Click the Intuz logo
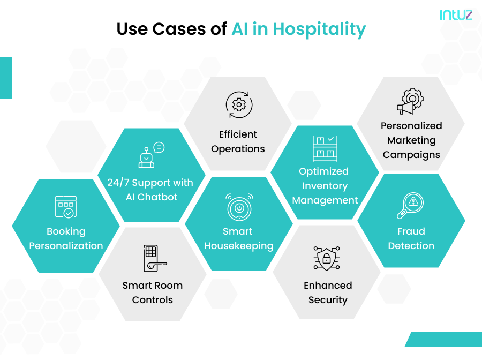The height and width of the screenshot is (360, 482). tap(456, 14)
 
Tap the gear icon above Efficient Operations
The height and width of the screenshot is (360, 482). tap(238, 104)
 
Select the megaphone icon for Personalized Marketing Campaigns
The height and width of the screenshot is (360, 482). tap(410, 102)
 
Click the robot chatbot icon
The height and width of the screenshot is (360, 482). tap(148, 155)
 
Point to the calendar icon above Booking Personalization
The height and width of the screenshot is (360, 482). tap(66, 206)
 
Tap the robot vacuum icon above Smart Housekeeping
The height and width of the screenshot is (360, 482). tap(239, 206)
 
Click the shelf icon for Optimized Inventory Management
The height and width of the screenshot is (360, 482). tap(325, 148)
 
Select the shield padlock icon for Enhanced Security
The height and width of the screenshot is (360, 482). tap(326, 259)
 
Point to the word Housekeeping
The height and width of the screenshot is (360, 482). tap(239, 246)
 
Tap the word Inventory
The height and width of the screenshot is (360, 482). tap(325, 186)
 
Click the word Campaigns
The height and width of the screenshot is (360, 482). tap(411, 155)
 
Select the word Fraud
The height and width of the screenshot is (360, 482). tap(411, 231)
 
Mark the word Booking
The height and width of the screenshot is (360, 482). tap(66, 231)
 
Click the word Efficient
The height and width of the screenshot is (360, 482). tap(238, 134)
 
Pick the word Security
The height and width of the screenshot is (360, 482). tap(328, 300)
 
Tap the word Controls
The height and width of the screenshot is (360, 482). tap(153, 300)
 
